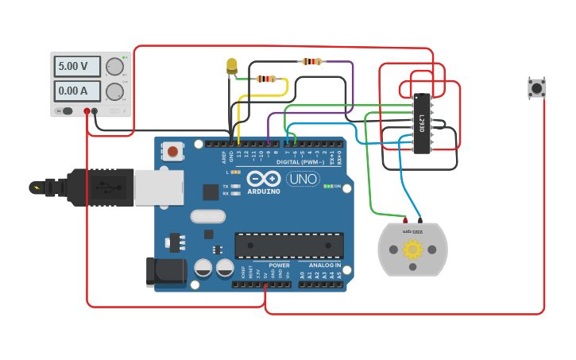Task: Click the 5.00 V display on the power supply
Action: (76, 66)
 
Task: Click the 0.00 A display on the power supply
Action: (76, 91)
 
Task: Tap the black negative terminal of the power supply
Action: (95, 111)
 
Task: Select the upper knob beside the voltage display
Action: (114, 67)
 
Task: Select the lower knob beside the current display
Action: (114, 91)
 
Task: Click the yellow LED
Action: (231, 65)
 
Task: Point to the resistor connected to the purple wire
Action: (311, 61)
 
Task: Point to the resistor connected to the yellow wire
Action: (266, 79)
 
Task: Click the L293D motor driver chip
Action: (421, 122)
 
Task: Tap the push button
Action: (536, 87)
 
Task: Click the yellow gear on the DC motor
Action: (412, 250)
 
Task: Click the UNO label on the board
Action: (303, 179)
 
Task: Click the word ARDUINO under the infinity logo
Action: (263, 192)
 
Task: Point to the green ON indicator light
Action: (327, 186)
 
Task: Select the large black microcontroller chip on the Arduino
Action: (289, 246)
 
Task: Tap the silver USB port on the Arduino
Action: (158, 188)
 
